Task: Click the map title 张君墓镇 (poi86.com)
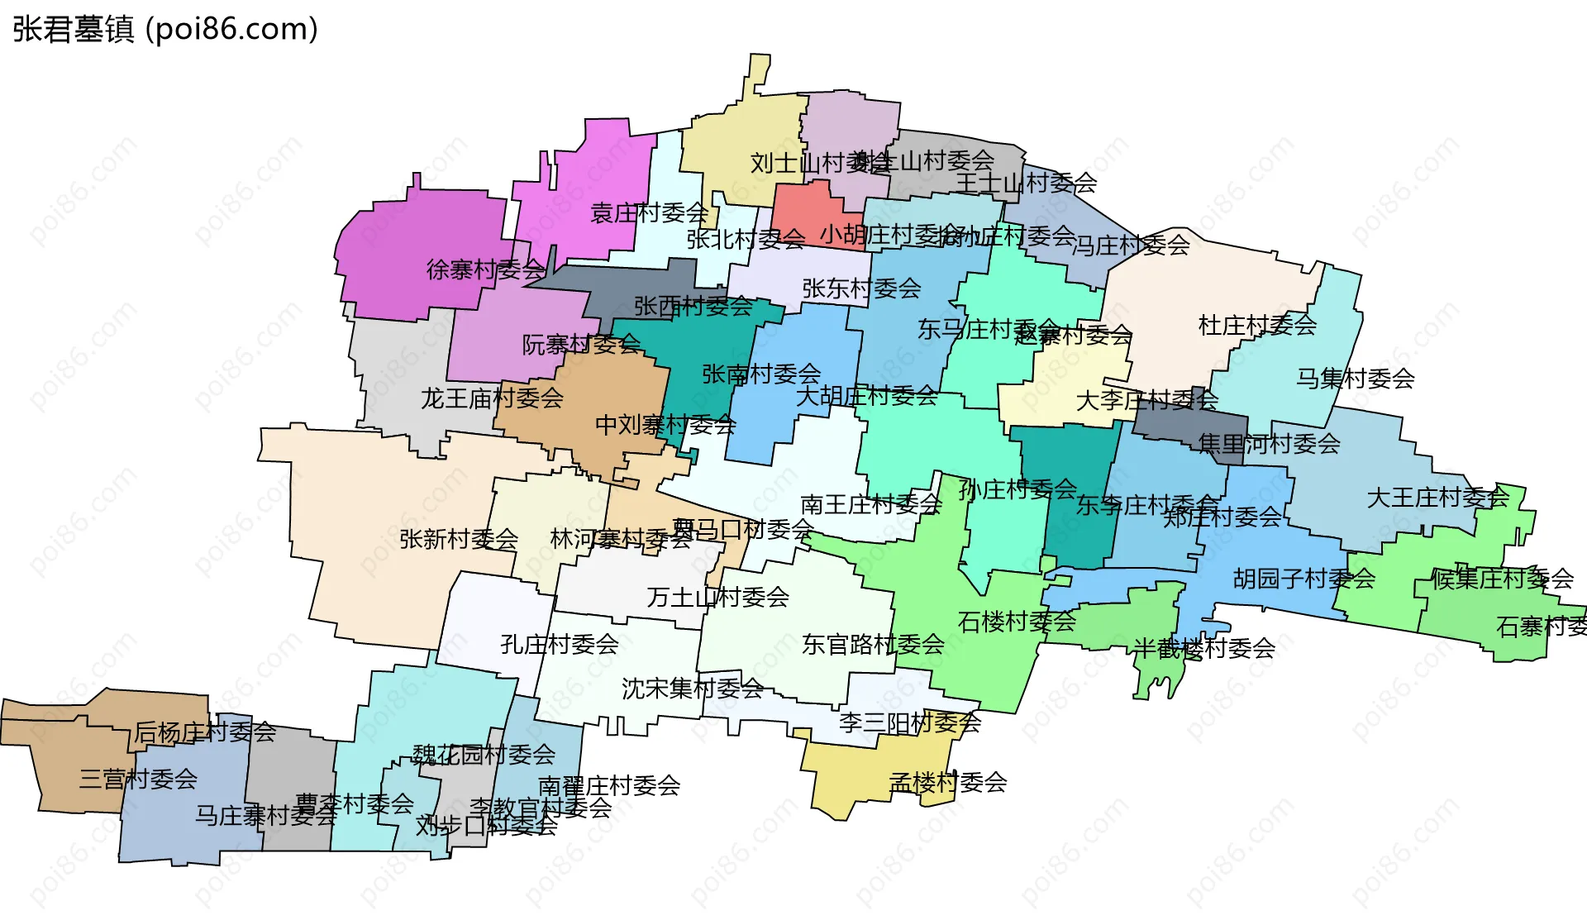click(x=165, y=30)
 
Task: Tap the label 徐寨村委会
click(x=486, y=269)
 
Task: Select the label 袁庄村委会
click(x=650, y=213)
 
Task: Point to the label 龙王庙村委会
click(x=493, y=398)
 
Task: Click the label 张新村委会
click(x=459, y=539)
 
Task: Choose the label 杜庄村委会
click(x=1257, y=325)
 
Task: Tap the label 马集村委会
click(x=1356, y=379)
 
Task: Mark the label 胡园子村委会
click(x=1304, y=579)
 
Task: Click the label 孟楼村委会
click(x=948, y=782)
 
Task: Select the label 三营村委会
click(x=138, y=779)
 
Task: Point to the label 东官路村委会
click(x=873, y=645)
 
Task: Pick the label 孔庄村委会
click(x=560, y=645)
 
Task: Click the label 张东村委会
click(x=861, y=288)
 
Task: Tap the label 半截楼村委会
click(x=1203, y=648)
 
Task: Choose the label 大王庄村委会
click(x=1438, y=498)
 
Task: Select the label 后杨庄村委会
click(x=205, y=732)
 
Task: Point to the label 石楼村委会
click(x=1017, y=622)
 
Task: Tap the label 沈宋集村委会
click(x=693, y=689)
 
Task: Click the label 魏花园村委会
click(x=484, y=754)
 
